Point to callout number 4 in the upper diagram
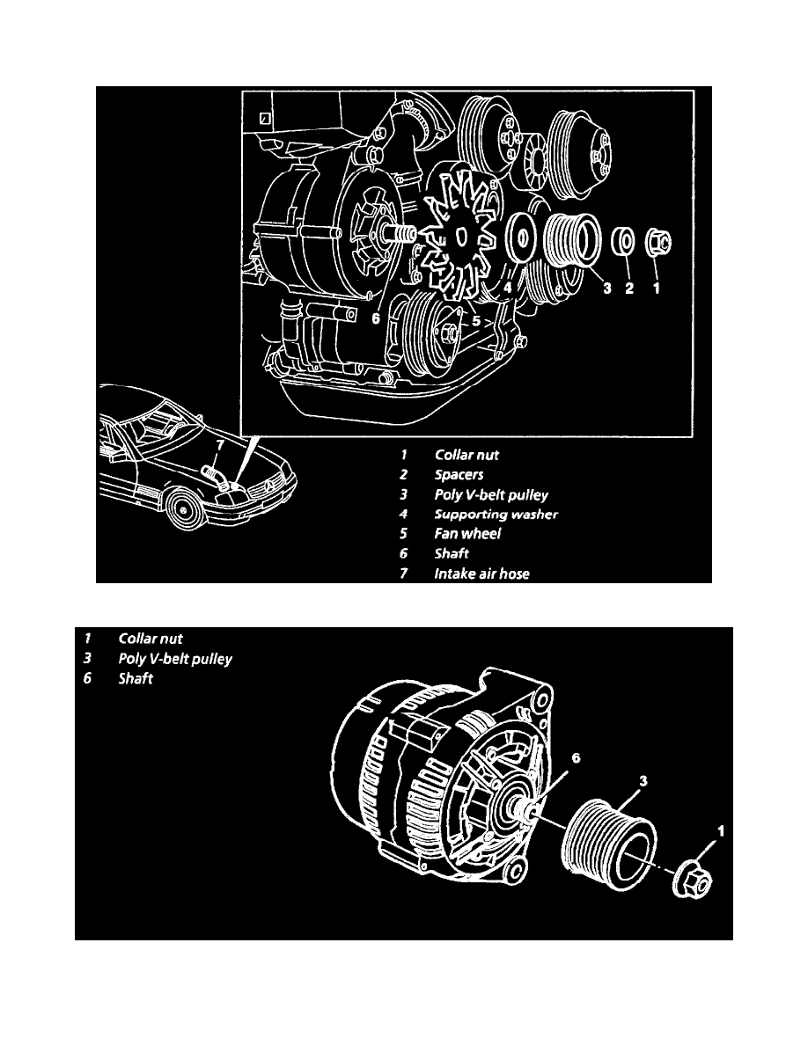(x=508, y=287)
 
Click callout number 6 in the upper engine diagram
(x=375, y=320)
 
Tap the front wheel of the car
(x=186, y=509)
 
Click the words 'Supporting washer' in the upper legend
(x=496, y=515)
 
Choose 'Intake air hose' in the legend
(x=481, y=574)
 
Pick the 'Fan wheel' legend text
(x=467, y=535)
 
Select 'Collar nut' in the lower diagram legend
(x=151, y=638)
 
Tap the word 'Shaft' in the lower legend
(x=136, y=679)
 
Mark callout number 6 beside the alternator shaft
(x=552, y=756)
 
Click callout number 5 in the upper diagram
(x=476, y=322)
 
